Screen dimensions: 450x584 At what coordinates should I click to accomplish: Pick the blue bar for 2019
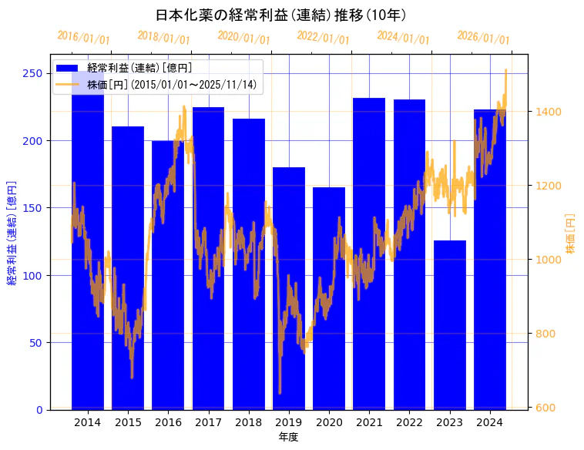click(x=289, y=288)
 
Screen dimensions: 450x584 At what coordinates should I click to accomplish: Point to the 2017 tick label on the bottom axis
click(x=208, y=422)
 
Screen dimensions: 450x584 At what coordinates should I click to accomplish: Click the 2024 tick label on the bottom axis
click(x=489, y=422)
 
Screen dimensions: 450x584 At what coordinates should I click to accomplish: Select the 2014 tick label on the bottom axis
click(x=88, y=422)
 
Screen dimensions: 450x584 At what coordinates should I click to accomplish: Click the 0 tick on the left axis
click(x=39, y=410)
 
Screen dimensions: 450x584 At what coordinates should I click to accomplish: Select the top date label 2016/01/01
click(x=83, y=38)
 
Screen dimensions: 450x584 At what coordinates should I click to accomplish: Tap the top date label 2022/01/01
click(x=323, y=38)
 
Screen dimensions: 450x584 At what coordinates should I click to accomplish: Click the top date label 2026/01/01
click(x=483, y=38)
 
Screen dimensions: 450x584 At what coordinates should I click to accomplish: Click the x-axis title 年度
click(x=288, y=437)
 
